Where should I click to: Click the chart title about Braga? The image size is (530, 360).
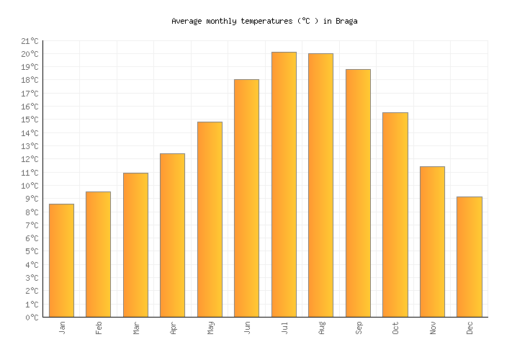tap(264, 22)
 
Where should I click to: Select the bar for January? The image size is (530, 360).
tap(61, 261)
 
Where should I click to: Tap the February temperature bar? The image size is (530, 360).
tap(98, 254)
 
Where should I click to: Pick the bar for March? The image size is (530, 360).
tap(135, 245)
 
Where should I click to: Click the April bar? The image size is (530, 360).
tap(172, 235)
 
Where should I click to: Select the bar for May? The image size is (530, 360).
tap(210, 220)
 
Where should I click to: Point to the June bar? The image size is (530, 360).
tap(246, 198)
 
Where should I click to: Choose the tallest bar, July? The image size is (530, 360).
tap(284, 184)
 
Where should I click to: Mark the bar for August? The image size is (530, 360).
tap(320, 185)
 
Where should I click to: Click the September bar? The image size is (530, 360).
tap(358, 193)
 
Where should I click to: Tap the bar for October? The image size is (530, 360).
tap(395, 215)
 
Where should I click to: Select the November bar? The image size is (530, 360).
tap(432, 242)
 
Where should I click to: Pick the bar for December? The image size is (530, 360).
tap(469, 257)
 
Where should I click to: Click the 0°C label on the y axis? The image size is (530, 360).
tap(32, 318)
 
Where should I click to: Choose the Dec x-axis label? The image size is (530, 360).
tap(470, 328)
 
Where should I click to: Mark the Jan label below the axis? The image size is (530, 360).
tap(62, 328)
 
